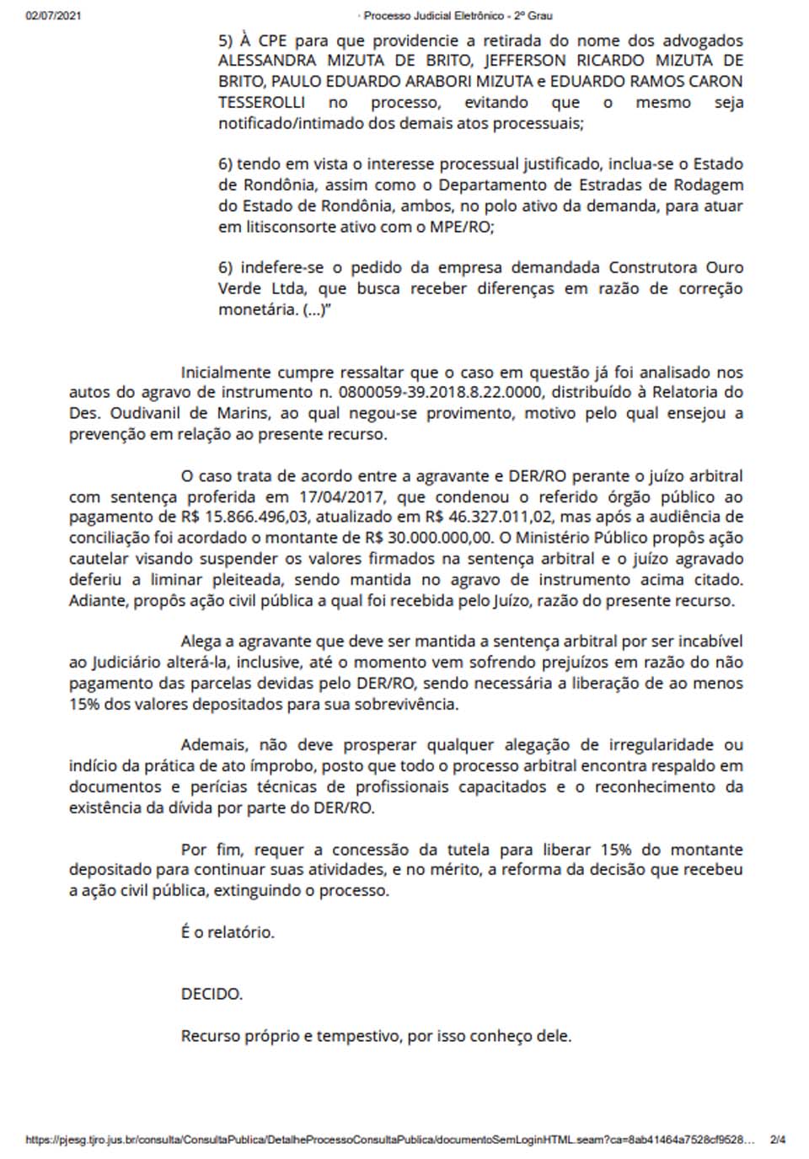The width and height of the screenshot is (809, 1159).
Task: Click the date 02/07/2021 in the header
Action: click(53, 15)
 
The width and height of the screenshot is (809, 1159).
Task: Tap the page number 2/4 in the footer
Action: click(777, 1140)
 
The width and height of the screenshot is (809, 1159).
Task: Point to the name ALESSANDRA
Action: click(267, 61)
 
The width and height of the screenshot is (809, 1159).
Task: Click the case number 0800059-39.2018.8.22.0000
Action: click(439, 392)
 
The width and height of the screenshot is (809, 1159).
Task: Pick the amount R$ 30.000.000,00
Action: click(432, 538)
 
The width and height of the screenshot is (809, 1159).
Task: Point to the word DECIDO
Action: click(212, 994)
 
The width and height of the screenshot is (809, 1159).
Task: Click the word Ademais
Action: click(214, 745)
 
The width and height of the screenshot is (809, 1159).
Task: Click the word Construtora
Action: click(652, 268)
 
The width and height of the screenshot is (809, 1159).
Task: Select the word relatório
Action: click(241, 932)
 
